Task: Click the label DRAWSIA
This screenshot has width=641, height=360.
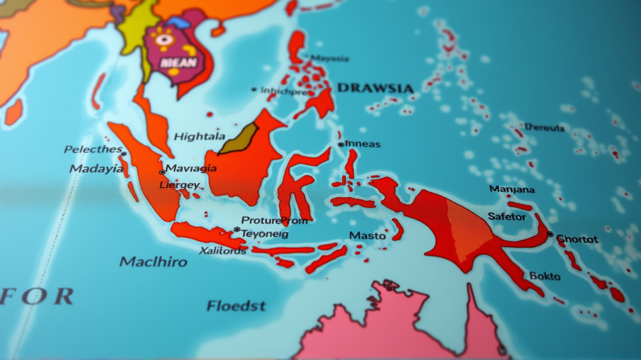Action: tap(375, 88)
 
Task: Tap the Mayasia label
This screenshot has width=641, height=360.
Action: tap(330, 59)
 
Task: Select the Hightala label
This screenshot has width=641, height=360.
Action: tap(200, 136)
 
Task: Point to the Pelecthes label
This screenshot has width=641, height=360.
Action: tap(93, 149)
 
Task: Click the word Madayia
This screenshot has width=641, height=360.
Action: tap(96, 168)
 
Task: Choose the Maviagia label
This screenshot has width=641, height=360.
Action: tap(191, 168)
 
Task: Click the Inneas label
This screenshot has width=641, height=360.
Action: tap(363, 144)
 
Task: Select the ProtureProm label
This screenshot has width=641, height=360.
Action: tap(274, 220)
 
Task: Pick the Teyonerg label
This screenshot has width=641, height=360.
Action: tap(264, 234)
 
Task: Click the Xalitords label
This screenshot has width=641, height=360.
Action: tap(223, 250)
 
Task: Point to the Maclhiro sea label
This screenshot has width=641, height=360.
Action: tap(154, 261)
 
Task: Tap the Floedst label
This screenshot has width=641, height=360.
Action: tap(236, 306)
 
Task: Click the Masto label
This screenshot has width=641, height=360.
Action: tap(367, 236)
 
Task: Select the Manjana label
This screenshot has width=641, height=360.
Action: tap(511, 189)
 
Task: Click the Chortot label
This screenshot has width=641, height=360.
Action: tap(577, 238)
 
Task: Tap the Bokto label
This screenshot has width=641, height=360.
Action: tap(545, 275)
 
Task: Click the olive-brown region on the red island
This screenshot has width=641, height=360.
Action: tap(239, 139)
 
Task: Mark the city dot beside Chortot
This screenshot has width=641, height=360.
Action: tap(550, 234)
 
